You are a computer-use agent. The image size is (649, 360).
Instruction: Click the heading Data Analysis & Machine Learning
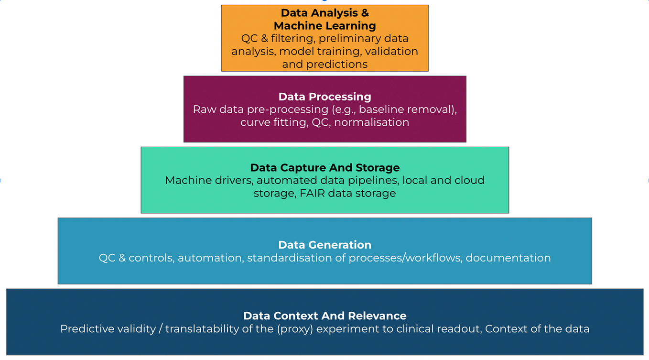324,20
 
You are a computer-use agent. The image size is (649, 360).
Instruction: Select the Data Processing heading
324,97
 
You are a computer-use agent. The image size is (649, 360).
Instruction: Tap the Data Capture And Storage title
324,168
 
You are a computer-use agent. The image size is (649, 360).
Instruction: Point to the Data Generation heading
324,245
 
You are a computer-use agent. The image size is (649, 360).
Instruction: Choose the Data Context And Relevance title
324,316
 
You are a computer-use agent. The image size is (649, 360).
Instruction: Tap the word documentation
508,258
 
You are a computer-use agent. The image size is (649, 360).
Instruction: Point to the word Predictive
83,329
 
